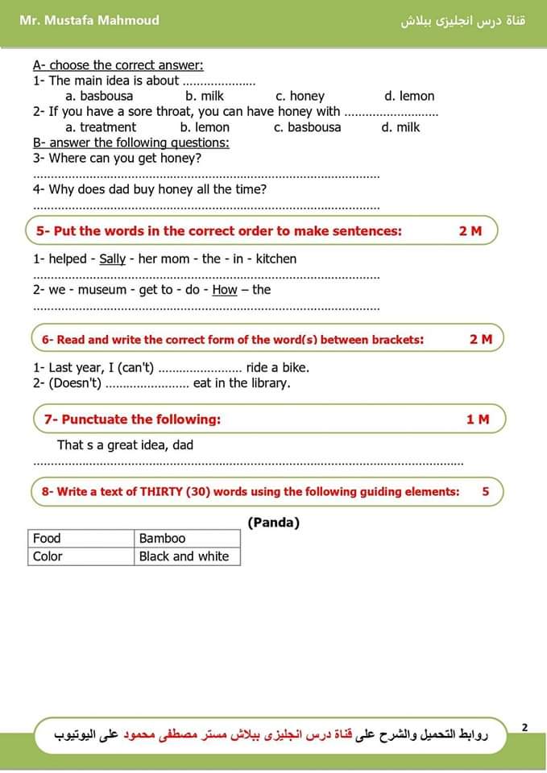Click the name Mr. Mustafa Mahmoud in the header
[89, 20]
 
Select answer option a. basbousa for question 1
[99, 96]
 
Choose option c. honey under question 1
[300, 96]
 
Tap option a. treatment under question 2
[101, 127]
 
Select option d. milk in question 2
[400, 127]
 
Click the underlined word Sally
[113, 259]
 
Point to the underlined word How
[225, 290]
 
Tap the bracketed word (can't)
[135, 368]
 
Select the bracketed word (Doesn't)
[75, 383]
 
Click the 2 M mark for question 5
[470, 231]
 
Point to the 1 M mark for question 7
[478, 420]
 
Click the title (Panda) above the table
[274, 523]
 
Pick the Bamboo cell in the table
[162, 539]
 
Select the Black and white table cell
[184, 556]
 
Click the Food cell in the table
[47, 539]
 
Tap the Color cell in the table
[48, 556]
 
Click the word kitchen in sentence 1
[276, 259]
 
